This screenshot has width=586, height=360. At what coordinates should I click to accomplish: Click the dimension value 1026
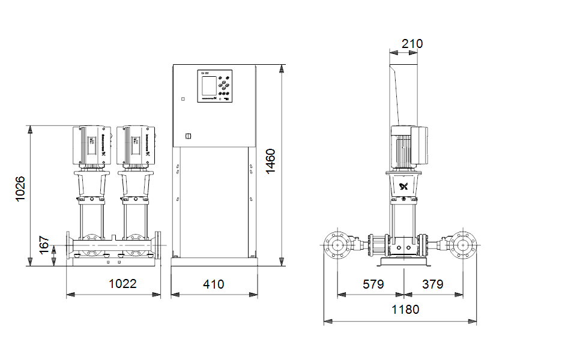point(20,188)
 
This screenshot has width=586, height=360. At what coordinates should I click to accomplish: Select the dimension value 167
point(44,245)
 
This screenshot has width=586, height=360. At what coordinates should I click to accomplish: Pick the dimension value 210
point(412,44)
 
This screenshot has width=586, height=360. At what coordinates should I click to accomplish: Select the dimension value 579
point(373,283)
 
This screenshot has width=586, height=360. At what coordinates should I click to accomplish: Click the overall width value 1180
point(405,310)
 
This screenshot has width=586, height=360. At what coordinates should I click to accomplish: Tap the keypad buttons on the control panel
point(224,86)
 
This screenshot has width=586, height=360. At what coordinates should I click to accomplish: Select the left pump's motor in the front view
point(91,146)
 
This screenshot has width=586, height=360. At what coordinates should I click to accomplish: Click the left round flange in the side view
point(337,245)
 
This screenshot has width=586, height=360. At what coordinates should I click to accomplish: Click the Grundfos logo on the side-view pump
point(403,186)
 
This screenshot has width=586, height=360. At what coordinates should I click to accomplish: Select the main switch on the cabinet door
point(187,136)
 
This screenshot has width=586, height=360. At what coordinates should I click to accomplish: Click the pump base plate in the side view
point(403,263)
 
